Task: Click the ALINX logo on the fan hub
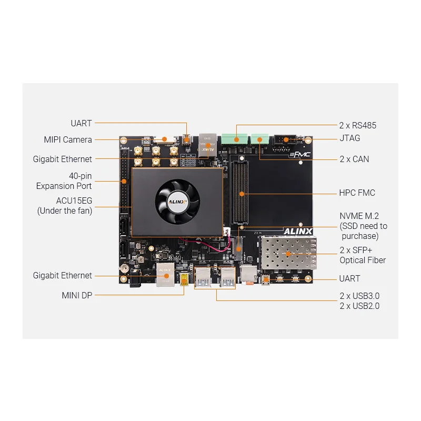(x=177, y=202)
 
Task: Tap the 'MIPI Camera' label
(x=68, y=139)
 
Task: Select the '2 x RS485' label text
(x=358, y=125)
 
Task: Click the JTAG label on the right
(x=350, y=138)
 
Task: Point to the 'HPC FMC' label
(x=357, y=193)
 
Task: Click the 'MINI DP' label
(x=77, y=295)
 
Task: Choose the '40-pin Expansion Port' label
(x=64, y=181)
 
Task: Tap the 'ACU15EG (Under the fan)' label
(x=65, y=206)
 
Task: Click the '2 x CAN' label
(x=354, y=159)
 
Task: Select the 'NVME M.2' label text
(x=359, y=216)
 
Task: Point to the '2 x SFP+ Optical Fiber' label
(x=363, y=255)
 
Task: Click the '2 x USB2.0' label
(x=359, y=306)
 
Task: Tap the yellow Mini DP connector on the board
(x=184, y=280)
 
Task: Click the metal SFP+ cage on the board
(x=288, y=253)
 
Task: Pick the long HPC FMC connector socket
(x=240, y=192)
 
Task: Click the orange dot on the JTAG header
(x=286, y=139)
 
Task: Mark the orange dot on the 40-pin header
(x=124, y=181)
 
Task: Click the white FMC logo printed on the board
(x=300, y=155)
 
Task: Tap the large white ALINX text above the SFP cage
(x=298, y=232)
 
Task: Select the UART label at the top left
(x=81, y=123)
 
